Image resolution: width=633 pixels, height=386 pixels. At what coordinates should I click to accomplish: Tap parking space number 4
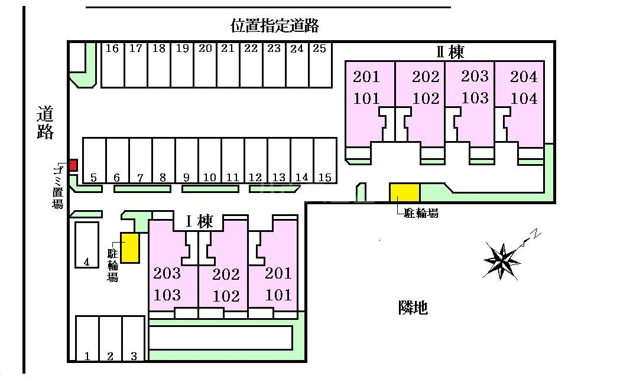[x=87, y=245]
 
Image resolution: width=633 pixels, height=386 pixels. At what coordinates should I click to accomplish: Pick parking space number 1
[x=87, y=339]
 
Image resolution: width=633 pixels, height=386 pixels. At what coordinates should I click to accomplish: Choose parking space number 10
[x=210, y=161]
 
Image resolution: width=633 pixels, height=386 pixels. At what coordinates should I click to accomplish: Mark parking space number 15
[x=325, y=161]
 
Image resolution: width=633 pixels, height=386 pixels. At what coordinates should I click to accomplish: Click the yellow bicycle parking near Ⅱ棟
[x=404, y=192]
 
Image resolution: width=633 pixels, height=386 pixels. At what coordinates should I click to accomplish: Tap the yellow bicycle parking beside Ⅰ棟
[x=130, y=247]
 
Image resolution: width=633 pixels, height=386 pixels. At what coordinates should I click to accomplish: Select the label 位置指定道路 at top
[x=275, y=25]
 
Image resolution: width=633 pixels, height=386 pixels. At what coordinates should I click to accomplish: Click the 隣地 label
[x=412, y=307]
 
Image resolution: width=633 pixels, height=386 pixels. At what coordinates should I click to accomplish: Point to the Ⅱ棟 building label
[x=450, y=52]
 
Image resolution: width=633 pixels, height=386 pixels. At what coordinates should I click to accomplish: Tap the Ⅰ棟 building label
[x=199, y=222]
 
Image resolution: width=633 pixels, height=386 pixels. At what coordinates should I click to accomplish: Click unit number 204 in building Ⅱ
[x=524, y=77]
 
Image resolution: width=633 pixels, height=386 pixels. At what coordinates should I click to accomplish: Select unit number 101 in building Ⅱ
[x=366, y=99]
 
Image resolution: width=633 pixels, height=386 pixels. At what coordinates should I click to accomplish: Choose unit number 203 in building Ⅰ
[x=167, y=273]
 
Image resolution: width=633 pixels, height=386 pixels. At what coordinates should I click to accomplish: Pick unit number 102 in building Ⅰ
[x=226, y=296]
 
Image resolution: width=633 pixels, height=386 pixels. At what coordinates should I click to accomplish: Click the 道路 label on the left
[x=45, y=122]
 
